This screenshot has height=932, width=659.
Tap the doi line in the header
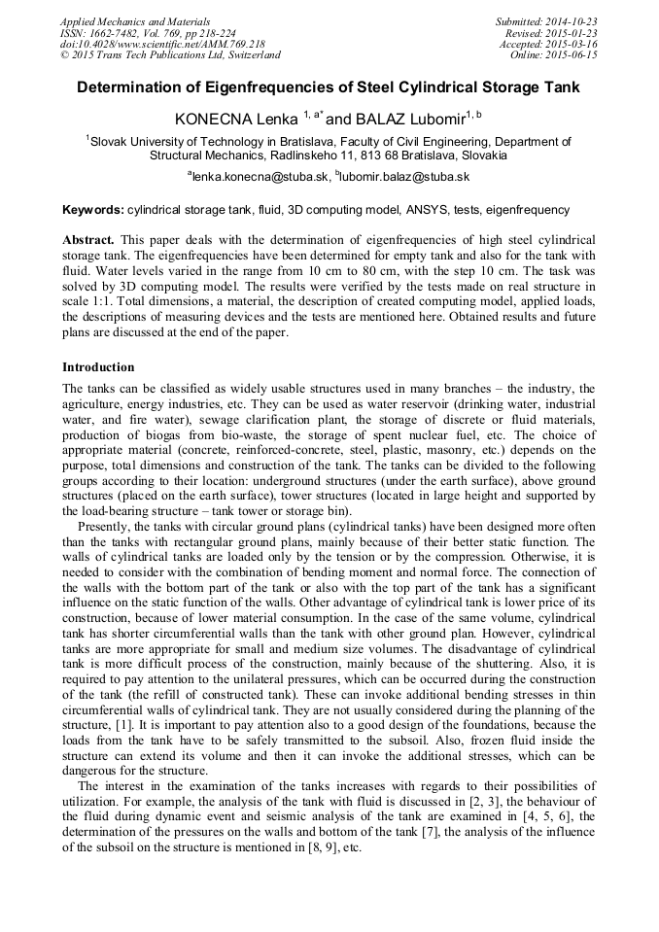click(162, 45)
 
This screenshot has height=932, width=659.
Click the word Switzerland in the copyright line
click(250, 55)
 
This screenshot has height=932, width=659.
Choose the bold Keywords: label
click(93, 210)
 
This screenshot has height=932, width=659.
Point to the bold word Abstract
click(88, 239)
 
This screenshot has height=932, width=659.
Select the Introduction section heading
click(98, 367)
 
